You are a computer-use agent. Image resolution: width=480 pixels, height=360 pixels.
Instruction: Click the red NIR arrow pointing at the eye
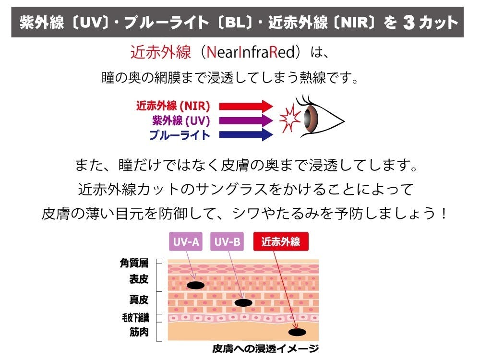click(246, 106)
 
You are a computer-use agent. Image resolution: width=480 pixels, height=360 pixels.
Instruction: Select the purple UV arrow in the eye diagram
click(246, 120)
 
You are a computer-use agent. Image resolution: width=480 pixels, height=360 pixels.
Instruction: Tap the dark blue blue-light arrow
click(246, 135)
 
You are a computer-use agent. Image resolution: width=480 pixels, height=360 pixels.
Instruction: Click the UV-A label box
click(186, 242)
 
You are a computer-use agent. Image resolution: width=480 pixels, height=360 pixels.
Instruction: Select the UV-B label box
click(227, 242)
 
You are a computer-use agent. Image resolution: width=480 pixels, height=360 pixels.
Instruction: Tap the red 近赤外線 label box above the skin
click(281, 242)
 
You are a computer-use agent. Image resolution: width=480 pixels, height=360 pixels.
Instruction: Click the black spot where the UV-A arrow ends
click(196, 285)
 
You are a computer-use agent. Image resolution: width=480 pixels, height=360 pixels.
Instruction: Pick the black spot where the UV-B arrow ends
click(243, 303)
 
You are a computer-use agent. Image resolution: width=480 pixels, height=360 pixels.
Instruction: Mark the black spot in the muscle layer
click(297, 332)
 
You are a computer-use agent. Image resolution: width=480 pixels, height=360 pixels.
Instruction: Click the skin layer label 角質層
click(134, 263)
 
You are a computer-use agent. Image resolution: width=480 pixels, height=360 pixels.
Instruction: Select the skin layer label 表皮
click(139, 279)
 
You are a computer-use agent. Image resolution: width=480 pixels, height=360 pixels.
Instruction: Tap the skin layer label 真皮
click(139, 300)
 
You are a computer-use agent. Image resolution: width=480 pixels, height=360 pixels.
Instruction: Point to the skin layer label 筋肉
click(139, 332)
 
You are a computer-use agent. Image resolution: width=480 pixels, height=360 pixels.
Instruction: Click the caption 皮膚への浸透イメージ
click(265, 348)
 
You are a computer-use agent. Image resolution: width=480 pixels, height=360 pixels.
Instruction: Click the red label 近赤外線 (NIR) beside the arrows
click(173, 106)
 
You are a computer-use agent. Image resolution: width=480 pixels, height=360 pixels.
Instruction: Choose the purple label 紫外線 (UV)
click(181, 120)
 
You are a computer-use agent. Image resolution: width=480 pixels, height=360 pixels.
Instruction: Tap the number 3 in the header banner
click(409, 23)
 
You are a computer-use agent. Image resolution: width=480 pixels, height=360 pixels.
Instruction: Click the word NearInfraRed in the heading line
click(251, 52)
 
